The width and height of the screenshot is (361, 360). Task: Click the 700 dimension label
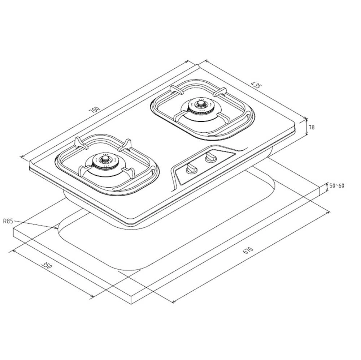(95, 110)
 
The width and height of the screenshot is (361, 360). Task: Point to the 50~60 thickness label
(337, 185)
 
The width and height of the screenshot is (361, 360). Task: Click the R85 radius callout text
(8, 222)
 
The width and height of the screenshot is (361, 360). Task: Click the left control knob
(191, 168)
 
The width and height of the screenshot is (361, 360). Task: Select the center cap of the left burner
(105, 159)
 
